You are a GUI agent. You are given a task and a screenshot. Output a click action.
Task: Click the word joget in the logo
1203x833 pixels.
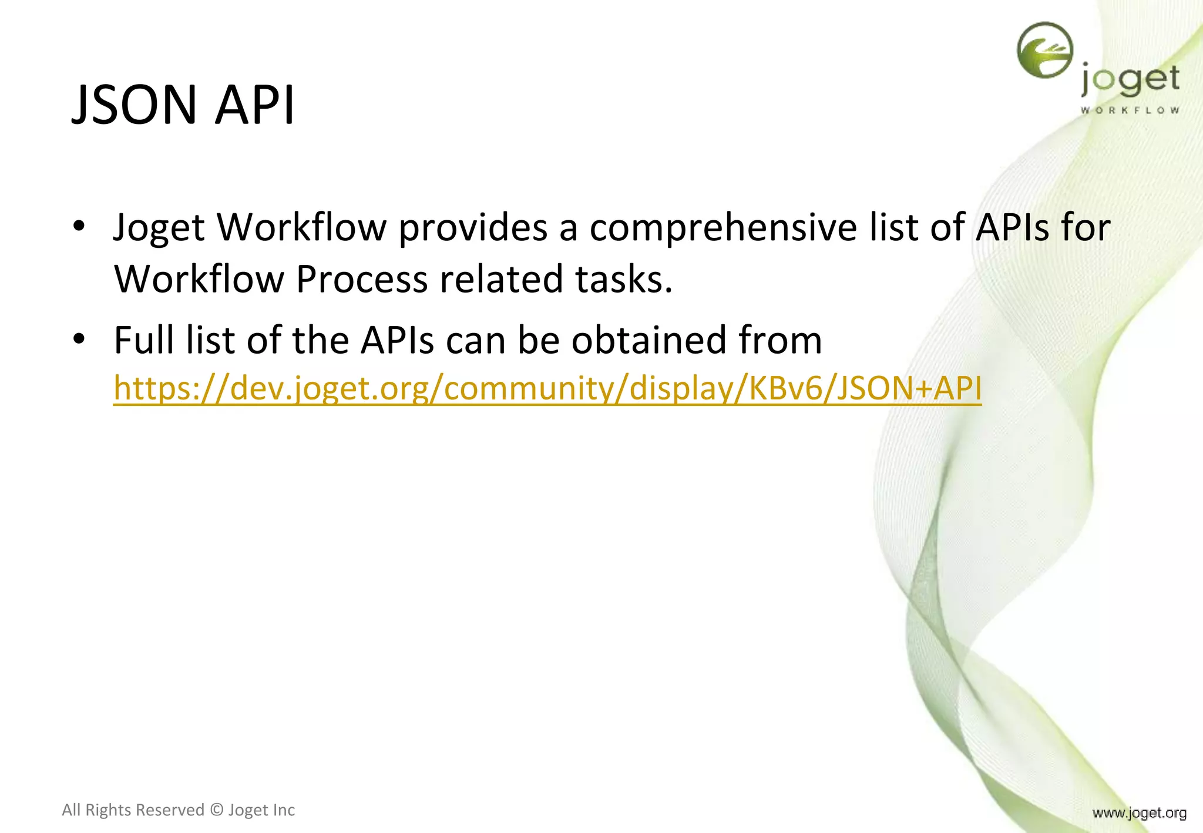[x=1130, y=80]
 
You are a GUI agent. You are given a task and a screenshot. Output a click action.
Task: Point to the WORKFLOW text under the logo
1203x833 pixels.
[x=1130, y=110]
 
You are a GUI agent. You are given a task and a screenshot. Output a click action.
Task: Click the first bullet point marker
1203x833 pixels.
[x=79, y=226]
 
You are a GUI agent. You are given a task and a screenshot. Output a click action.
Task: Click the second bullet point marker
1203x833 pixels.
[x=79, y=339]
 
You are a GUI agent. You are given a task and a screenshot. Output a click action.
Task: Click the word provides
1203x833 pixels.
[x=473, y=228]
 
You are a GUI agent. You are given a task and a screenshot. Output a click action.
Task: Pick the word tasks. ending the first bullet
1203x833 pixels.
[x=624, y=278]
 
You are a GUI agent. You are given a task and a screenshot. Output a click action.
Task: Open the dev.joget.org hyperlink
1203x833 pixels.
[x=547, y=388]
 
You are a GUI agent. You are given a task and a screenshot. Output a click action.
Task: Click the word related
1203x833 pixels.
[x=502, y=278]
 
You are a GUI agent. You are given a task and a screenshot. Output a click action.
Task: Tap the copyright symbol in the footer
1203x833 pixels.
[x=217, y=810]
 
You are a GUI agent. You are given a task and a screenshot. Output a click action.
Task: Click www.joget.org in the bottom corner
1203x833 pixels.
[x=1139, y=813]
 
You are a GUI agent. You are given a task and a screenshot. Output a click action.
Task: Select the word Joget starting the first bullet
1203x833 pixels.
[x=159, y=228]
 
